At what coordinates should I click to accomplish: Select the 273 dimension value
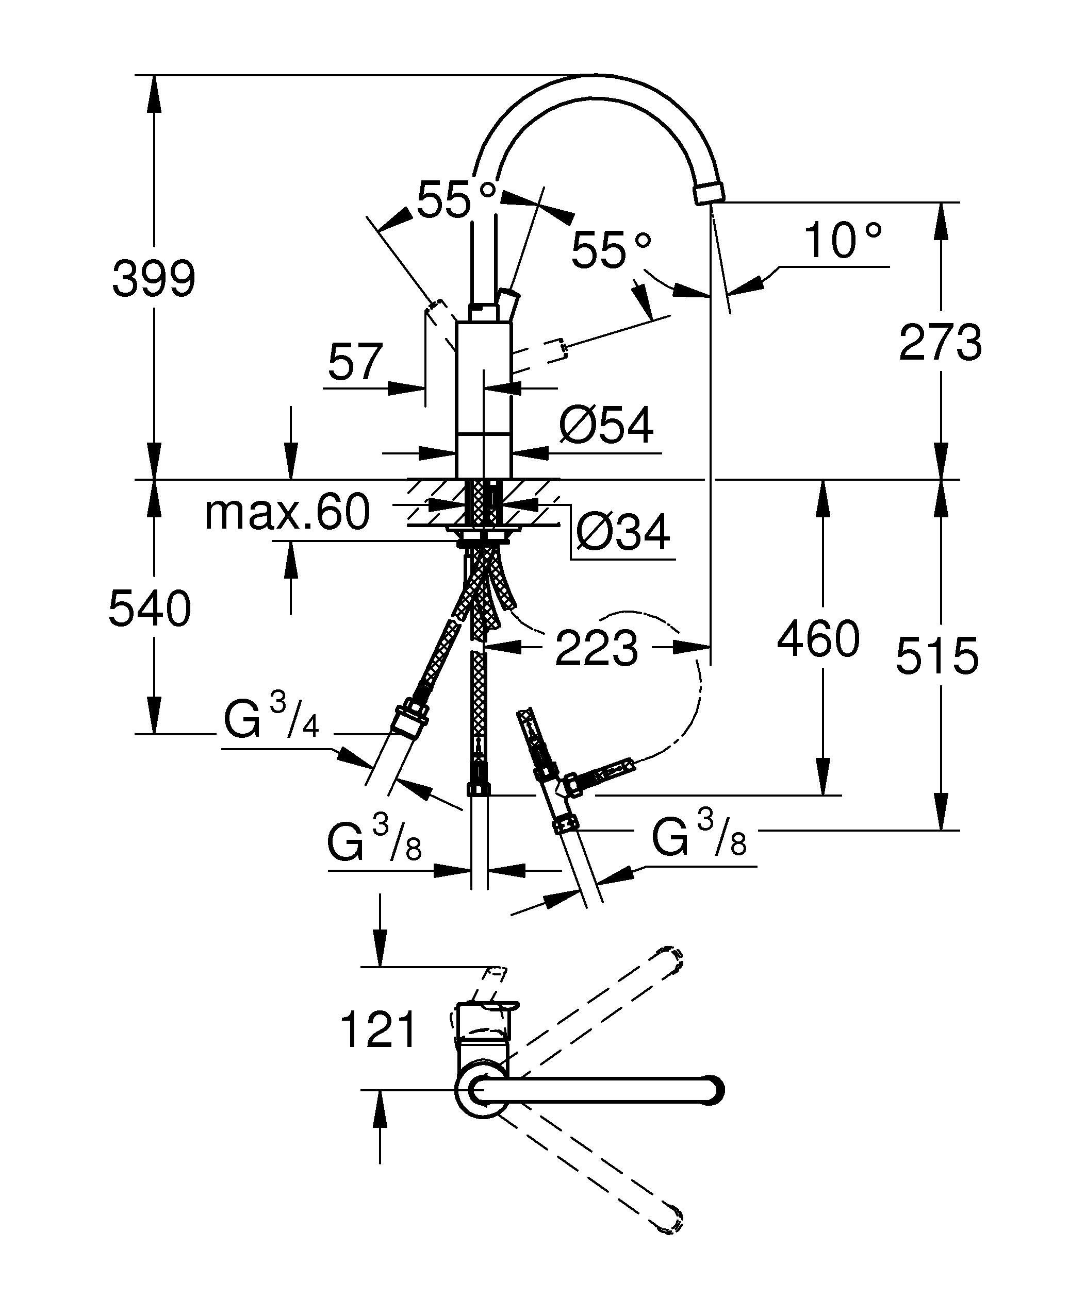point(941,342)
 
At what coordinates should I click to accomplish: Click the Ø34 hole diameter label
point(623,532)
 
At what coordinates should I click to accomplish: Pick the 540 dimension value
point(150,608)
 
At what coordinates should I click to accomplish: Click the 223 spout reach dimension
point(596,648)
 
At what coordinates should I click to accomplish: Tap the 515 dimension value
point(937,655)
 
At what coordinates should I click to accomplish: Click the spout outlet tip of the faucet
point(709,193)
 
